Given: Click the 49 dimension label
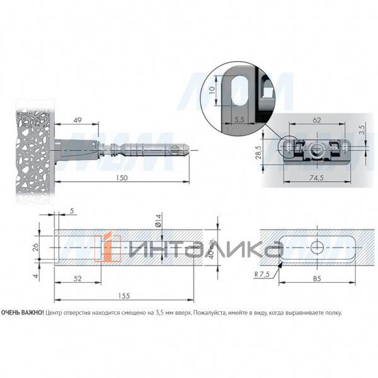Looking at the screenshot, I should pos(78,120).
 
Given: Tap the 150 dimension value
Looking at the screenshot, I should pos(122,178).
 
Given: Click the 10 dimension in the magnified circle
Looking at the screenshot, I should pos(213,89).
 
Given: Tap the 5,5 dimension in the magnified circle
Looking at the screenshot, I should pos(238,118).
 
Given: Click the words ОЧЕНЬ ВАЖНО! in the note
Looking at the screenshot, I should pos(23,312).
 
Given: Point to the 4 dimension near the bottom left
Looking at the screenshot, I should pos(37,275).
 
